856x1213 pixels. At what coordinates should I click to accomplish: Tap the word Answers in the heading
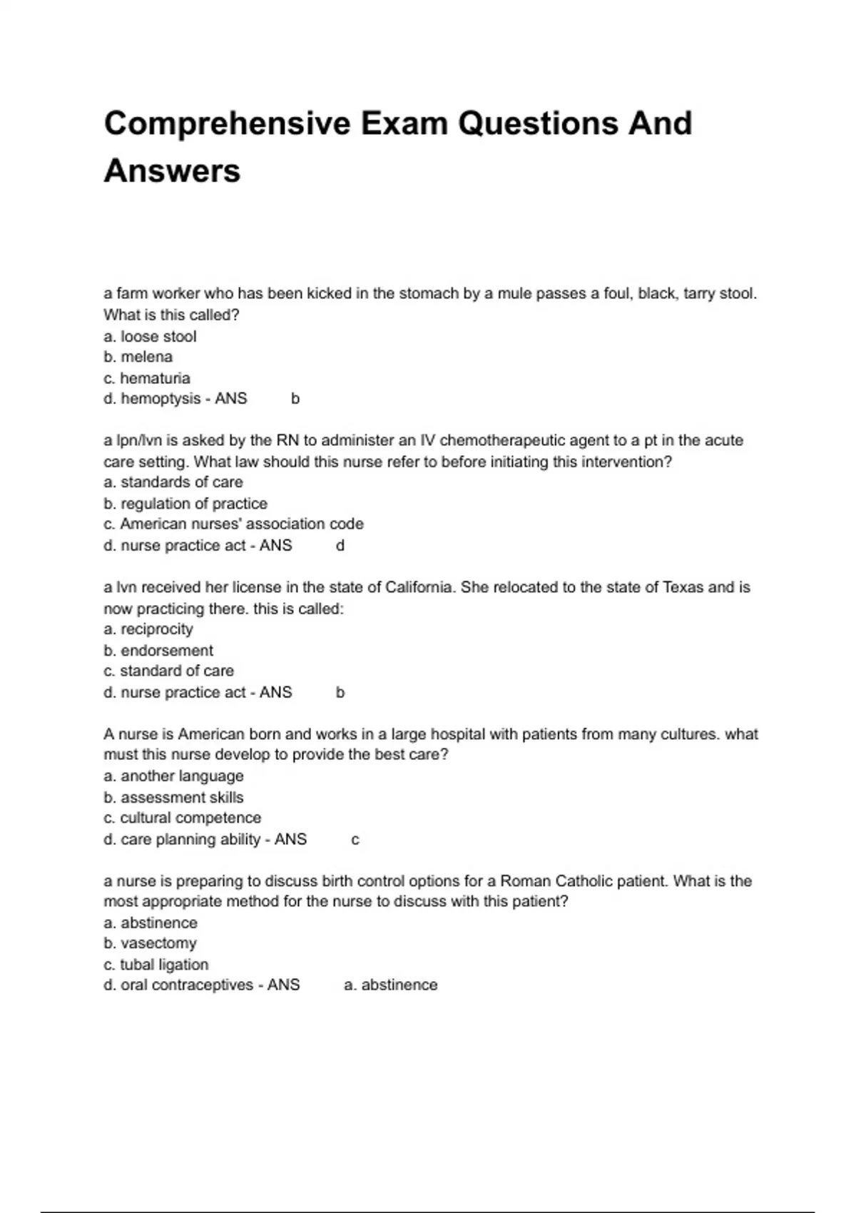click(x=172, y=171)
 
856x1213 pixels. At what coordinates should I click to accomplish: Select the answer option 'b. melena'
click(x=138, y=357)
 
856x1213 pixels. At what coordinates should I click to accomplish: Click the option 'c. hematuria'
click(x=147, y=378)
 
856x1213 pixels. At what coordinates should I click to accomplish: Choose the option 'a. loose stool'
click(x=150, y=336)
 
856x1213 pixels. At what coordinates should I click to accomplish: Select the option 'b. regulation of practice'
click(x=185, y=504)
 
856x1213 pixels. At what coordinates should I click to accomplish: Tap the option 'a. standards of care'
click(x=173, y=482)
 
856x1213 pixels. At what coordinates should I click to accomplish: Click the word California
click(x=419, y=587)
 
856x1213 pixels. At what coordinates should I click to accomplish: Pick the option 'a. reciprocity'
click(x=148, y=629)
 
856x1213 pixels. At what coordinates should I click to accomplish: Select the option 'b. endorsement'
click(x=158, y=651)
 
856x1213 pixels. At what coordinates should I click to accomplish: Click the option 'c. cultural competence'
click(x=183, y=818)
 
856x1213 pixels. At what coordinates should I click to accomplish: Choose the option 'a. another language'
click(x=173, y=776)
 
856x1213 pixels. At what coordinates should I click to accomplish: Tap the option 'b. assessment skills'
click(x=173, y=797)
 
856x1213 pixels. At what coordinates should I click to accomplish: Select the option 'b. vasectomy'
click(x=150, y=943)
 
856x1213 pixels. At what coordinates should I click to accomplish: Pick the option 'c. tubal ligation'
click(x=156, y=965)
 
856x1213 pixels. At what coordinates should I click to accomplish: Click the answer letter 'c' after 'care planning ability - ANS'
click(x=355, y=840)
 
